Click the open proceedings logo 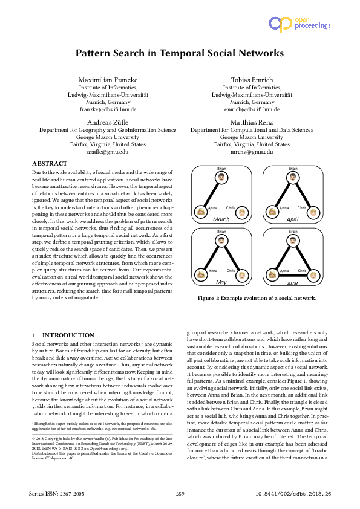click(x=299, y=24)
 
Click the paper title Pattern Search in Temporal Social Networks click(x=180, y=53)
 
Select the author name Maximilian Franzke click(x=108, y=80)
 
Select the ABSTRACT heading click(x=50, y=164)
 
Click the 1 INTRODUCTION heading click(x=63, y=335)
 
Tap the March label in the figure click(x=221, y=220)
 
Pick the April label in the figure click(x=293, y=220)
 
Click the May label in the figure click(x=221, y=282)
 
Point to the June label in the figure click(x=293, y=282)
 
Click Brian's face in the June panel click(x=293, y=240)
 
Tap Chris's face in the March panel click(x=242, y=213)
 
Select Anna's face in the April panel click(x=272, y=213)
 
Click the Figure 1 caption click(x=257, y=298)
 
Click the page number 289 click(x=180, y=494)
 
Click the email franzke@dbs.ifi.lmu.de click(x=108, y=109)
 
